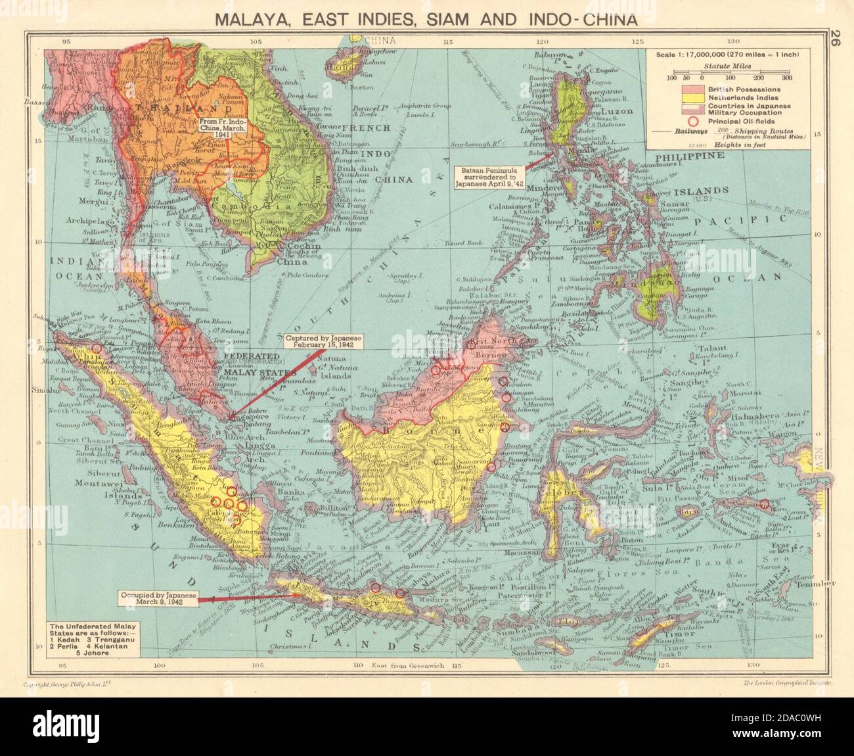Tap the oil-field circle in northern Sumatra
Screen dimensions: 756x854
97,348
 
